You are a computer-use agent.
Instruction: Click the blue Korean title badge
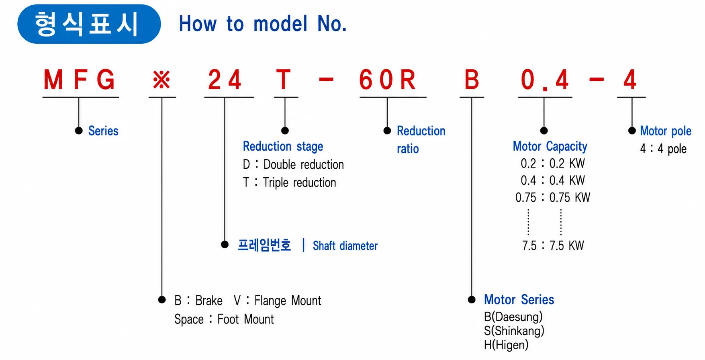[x=89, y=24]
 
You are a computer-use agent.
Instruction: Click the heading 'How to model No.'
[x=263, y=24]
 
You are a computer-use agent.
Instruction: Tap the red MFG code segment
[x=80, y=80]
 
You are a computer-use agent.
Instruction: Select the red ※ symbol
[x=161, y=80]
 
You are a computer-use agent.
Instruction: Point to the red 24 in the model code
[x=225, y=80]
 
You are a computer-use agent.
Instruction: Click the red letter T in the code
[x=283, y=80]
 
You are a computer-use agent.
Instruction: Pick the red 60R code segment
[x=387, y=80]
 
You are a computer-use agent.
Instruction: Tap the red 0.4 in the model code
[x=545, y=80]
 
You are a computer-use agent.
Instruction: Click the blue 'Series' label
[x=103, y=131]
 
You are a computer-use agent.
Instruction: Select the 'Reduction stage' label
[x=283, y=147]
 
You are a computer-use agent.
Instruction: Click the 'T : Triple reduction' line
[x=289, y=183]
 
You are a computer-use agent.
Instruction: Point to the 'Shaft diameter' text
[x=345, y=245]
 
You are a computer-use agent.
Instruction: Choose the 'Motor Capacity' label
[x=550, y=147]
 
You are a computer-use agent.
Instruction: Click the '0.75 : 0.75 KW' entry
[x=553, y=197]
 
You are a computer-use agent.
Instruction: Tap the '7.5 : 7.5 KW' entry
[x=553, y=245]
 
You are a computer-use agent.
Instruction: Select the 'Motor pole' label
[x=666, y=131]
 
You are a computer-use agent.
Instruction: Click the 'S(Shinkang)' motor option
[x=514, y=331]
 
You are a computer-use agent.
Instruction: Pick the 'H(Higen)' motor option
[x=506, y=345]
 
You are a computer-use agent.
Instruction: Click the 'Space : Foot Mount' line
[x=224, y=319]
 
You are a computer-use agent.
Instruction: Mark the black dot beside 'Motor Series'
[x=472, y=300]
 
